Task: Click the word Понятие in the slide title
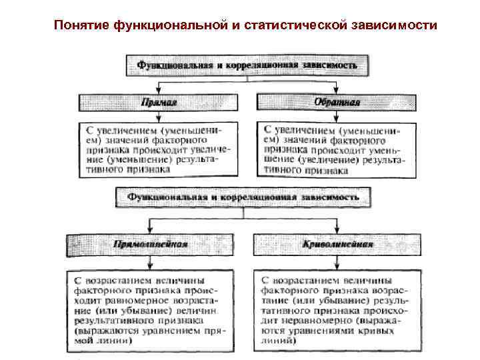82,25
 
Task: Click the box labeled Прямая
158,103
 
